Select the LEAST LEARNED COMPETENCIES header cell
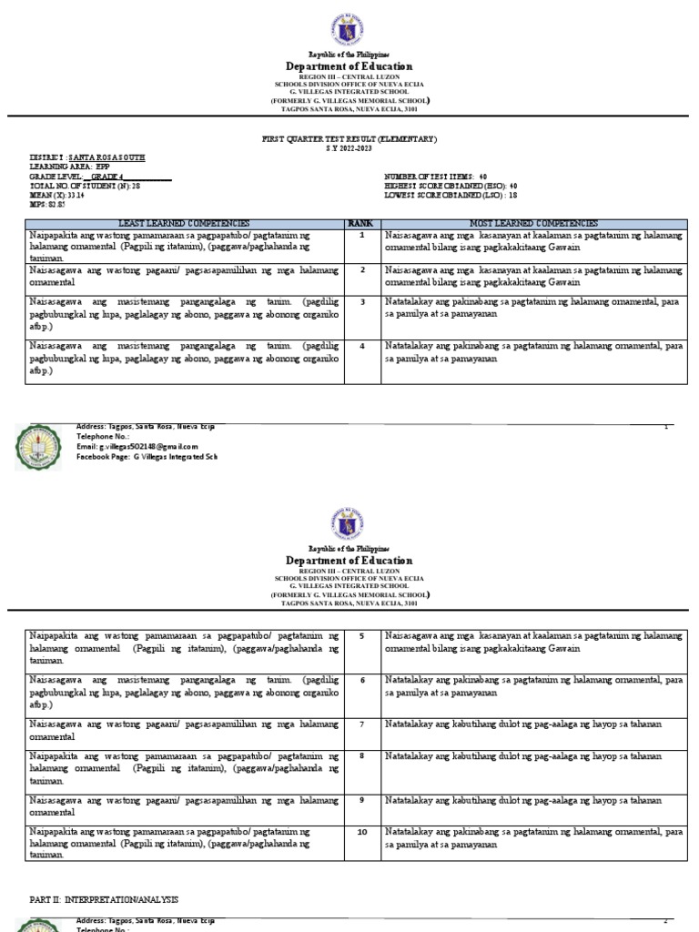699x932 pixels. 184,224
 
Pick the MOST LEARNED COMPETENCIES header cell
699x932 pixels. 533,224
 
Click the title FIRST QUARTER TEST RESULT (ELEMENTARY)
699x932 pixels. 349,139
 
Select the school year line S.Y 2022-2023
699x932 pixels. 349,147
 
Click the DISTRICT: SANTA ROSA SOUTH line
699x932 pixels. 87,157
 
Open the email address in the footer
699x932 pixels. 137,447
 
